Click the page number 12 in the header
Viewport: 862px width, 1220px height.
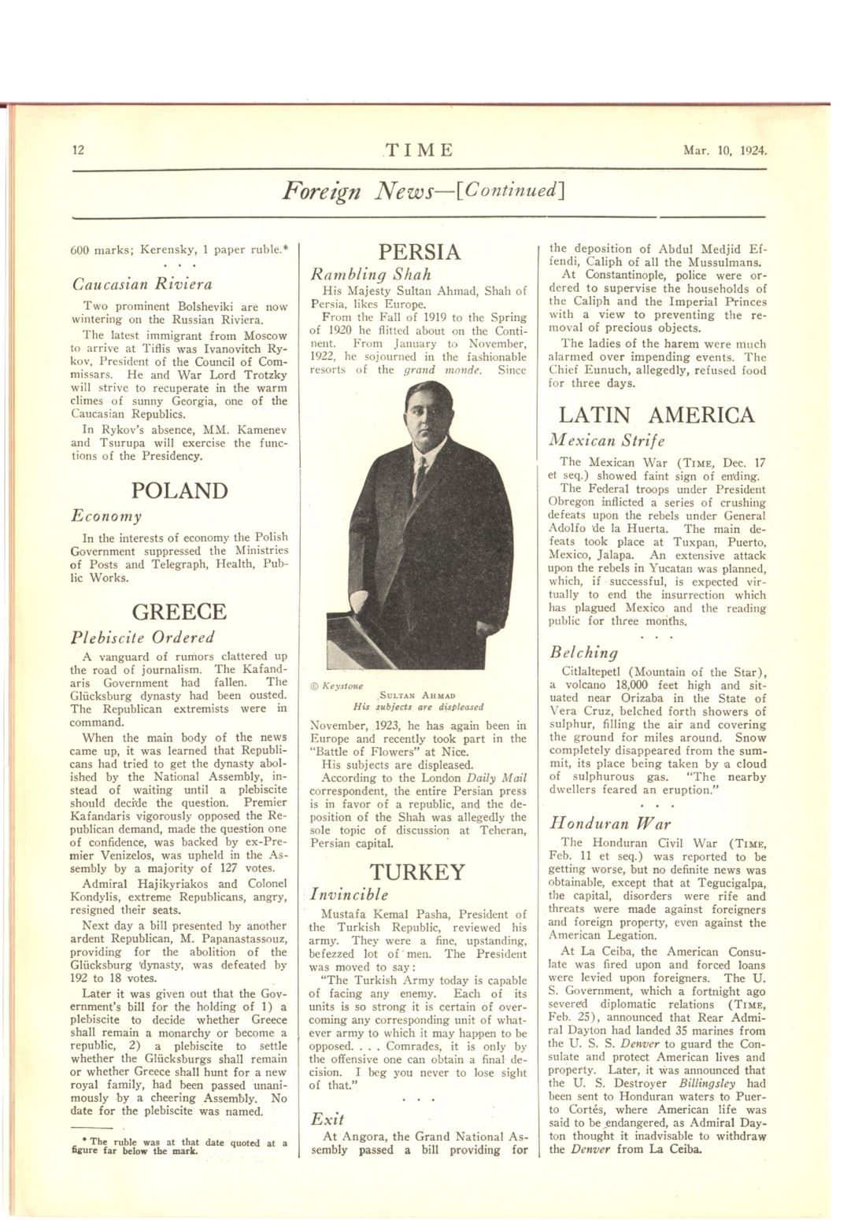[x=78, y=150]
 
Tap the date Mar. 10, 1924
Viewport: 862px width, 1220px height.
[x=725, y=150]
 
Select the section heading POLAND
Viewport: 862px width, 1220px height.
[x=180, y=490]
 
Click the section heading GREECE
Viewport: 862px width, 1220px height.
[x=180, y=612]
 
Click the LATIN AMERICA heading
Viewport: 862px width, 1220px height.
[x=657, y=415]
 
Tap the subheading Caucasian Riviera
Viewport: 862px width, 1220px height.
[x=142, y=284]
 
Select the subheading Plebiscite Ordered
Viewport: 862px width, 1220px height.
[x=142, y=637]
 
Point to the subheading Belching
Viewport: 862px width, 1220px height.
[x=583, y=653]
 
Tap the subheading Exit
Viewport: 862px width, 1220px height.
[x=327, y=1118]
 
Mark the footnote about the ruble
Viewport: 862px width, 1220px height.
[x=178, y=1146]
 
